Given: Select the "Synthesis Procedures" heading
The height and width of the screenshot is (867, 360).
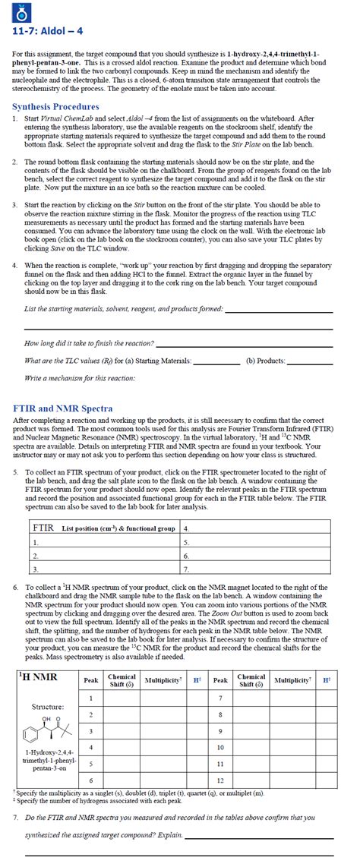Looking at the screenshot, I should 55,107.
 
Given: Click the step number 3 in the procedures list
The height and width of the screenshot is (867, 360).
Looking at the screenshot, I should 16,205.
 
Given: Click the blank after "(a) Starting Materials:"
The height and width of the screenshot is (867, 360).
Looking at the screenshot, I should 217,361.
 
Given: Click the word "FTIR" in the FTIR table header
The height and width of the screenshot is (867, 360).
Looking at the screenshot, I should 44,527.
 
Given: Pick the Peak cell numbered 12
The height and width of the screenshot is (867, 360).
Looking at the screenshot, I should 220,780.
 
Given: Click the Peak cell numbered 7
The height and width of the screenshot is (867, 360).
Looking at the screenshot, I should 220,698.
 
